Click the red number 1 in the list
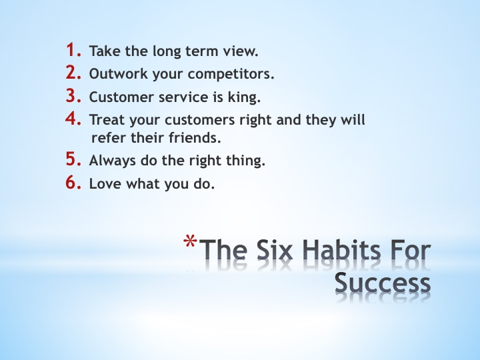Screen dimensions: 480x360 click(x=74, y=50)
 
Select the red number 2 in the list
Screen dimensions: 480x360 click(x=73, y=73)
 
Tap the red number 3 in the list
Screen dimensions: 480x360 click(x=74, y=95)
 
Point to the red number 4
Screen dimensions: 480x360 click(x=73, y=119)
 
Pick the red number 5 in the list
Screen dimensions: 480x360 click(x=74, y=159)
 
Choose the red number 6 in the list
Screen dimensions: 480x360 click(x=73, y=183)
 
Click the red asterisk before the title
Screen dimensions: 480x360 click(x=190, y=242)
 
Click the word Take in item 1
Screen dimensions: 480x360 click(x=105, y=51)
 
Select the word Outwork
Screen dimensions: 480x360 click(x=118, y=74)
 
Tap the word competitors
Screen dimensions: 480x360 click(x=231, y=74)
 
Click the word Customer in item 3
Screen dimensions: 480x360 click(x=121, y=97)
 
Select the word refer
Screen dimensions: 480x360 click(x=109, y=138)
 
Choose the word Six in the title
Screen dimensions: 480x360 click(x=274, y=251)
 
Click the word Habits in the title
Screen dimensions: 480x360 click(x=341, y=251)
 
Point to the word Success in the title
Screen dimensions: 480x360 click(x=383, y=283)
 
